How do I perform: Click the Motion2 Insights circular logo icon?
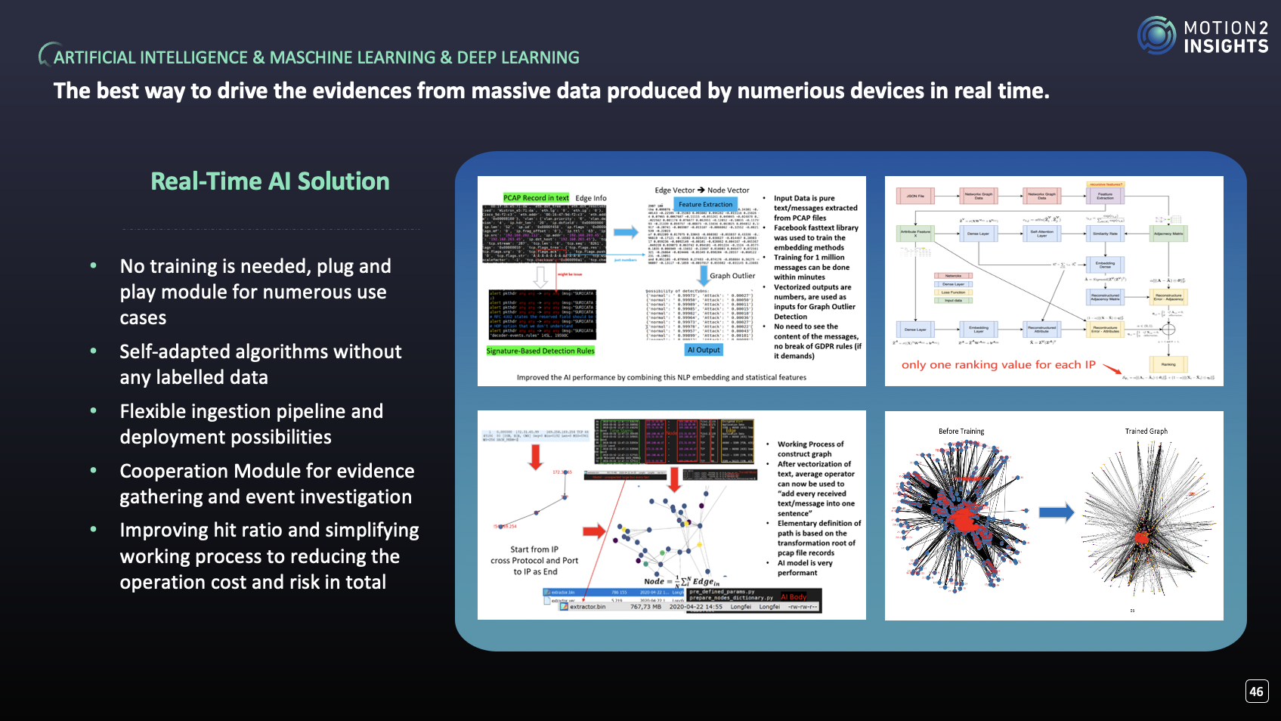coord(1156,36)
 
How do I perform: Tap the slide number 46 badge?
coord(1256,691)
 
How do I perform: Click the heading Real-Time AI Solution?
coord(270,181)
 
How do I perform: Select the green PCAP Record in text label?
coord(536,198)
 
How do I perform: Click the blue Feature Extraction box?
coord(705,204)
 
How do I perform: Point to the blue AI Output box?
coord(704,350)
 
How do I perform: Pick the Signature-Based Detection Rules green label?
coord(540,351)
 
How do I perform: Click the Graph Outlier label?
coord(732,276)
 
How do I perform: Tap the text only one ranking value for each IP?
coord(998,365)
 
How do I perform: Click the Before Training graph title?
coord(961,432)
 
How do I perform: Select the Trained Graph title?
coord(1146,432)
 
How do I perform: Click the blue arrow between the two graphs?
coord(1056,512)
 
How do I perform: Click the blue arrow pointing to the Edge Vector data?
coord(625,232)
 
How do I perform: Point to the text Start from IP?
coord(534,549)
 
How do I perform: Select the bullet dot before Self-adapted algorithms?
coord(94,351)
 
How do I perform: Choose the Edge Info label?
coord(591,198)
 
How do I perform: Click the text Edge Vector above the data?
coord(674,190)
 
